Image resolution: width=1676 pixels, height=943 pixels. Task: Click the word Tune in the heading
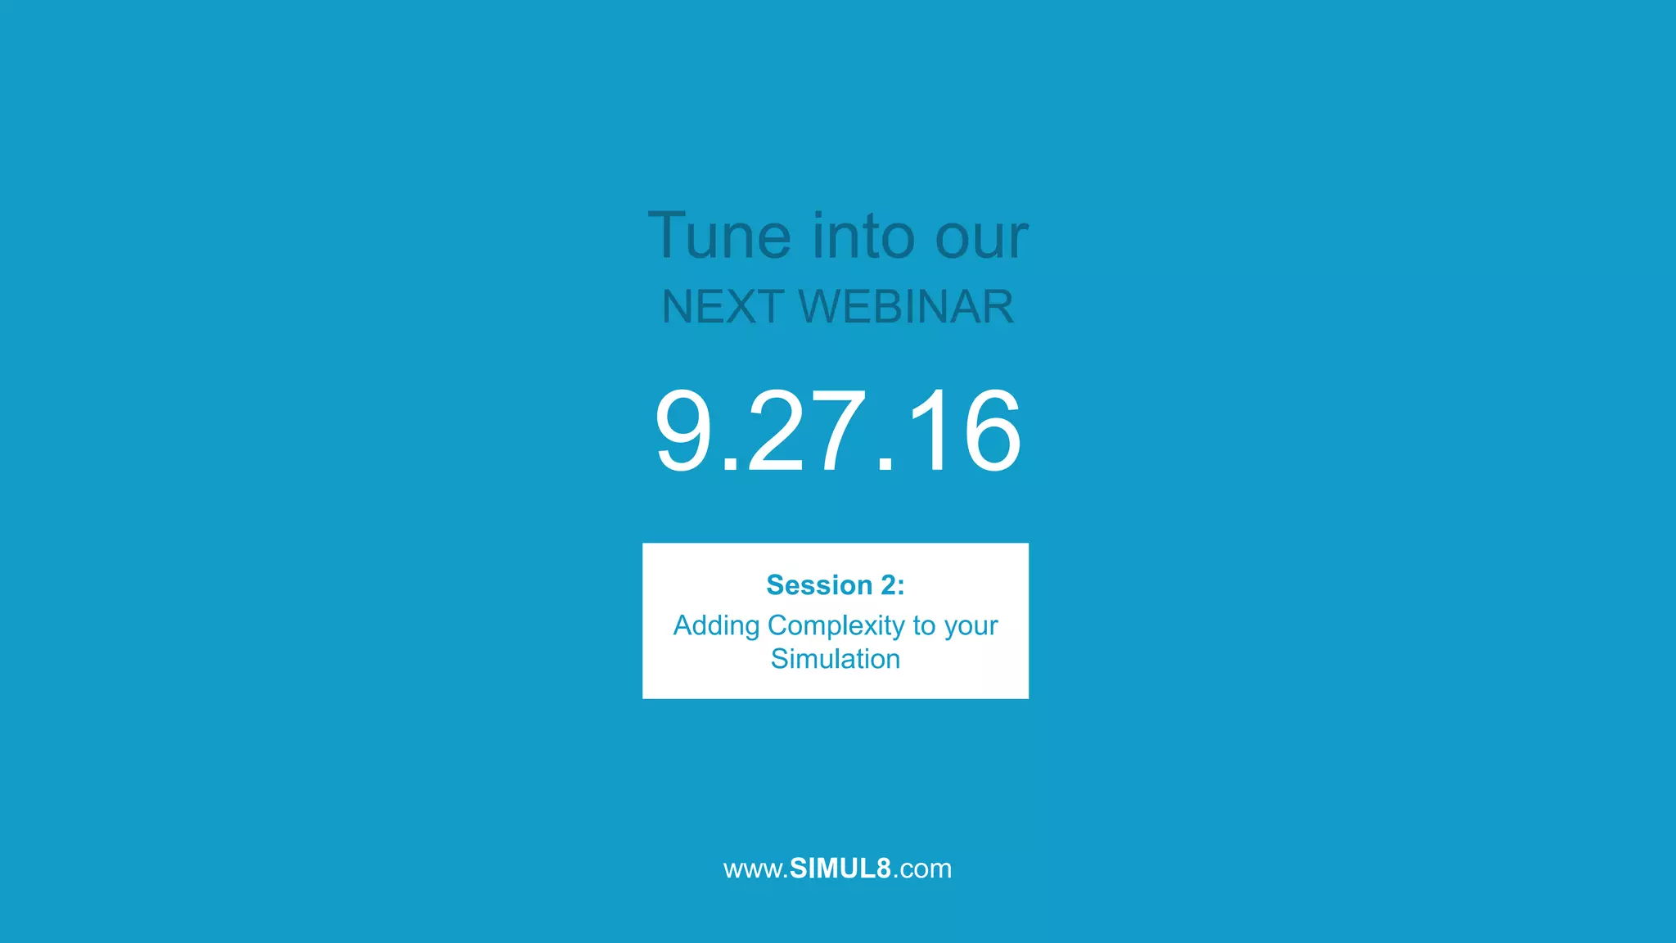[719, 237]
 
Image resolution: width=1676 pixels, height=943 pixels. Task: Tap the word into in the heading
[863, 237]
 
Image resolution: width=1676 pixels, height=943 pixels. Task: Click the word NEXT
[723, 307]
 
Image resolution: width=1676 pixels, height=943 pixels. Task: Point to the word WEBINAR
[906, 307]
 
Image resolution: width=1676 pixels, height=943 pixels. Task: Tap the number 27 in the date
[806, 431]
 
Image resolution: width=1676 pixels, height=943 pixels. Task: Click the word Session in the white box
[819, 585]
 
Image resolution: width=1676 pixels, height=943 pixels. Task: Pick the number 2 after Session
[889, 585]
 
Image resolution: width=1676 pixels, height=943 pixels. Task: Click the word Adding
[716, 626]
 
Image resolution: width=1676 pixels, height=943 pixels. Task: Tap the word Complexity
[836, 626]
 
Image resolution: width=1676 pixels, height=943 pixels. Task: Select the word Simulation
[835, 659]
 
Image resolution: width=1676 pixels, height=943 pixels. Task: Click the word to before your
[924, 626]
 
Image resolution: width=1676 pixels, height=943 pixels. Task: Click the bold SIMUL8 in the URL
[840, 869]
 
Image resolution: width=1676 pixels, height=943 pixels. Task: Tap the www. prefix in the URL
[755, 869]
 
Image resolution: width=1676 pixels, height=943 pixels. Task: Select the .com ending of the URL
[922, 869]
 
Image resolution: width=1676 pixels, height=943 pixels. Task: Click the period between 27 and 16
[885, 467]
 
